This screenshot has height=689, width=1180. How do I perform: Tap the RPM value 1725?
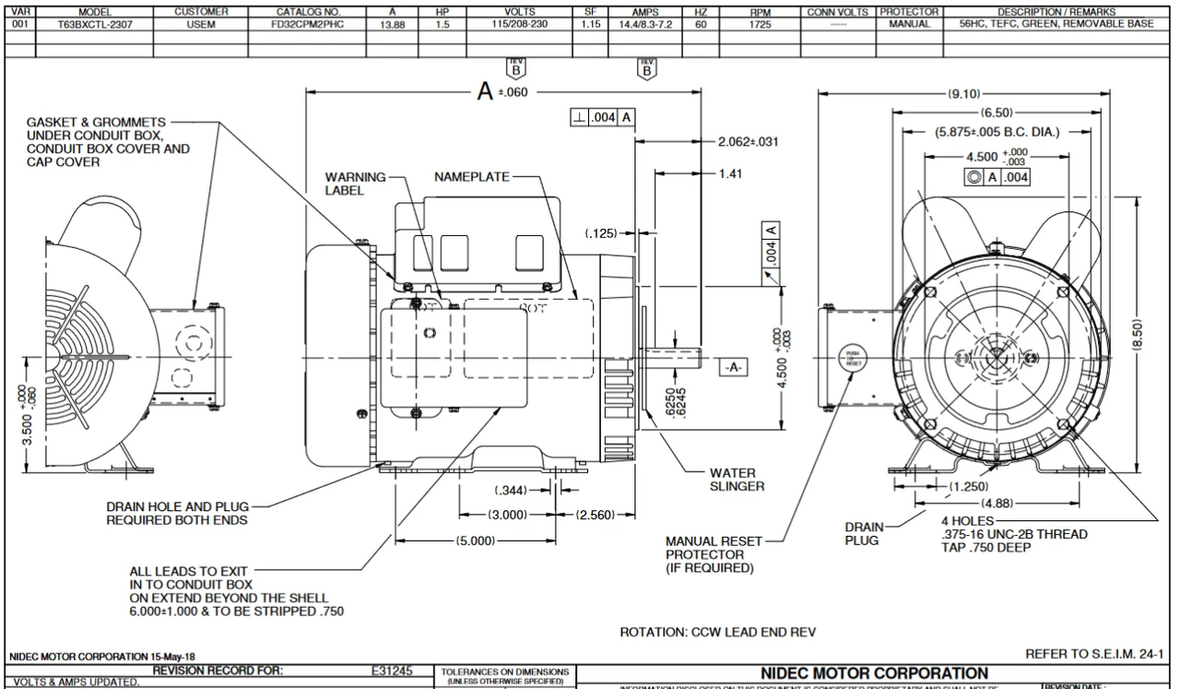pos(760,25)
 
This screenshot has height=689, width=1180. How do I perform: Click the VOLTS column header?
pos(520,12)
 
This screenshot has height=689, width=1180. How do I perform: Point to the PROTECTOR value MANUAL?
pos(909,25)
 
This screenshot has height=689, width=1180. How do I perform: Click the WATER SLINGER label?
pos(737,480)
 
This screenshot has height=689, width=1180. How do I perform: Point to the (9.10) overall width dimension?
pos(964,93)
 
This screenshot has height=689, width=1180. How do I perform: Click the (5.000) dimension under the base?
pos(476,541)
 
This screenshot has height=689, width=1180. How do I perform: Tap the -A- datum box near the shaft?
pos(730,367)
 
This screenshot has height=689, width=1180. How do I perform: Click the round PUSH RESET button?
pos(851,360)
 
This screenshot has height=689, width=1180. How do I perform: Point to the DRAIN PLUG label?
pos(863,533)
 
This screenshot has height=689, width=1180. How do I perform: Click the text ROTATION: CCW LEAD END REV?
pos(719,633)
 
